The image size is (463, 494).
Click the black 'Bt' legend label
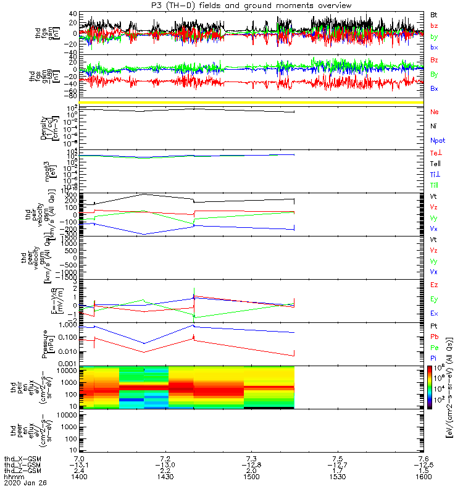434,13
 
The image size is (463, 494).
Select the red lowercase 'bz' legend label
434,25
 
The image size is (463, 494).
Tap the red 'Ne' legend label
435,112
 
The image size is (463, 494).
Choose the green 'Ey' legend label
435,299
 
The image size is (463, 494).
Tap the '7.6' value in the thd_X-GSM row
420,458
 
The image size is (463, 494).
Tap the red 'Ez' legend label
435,285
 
